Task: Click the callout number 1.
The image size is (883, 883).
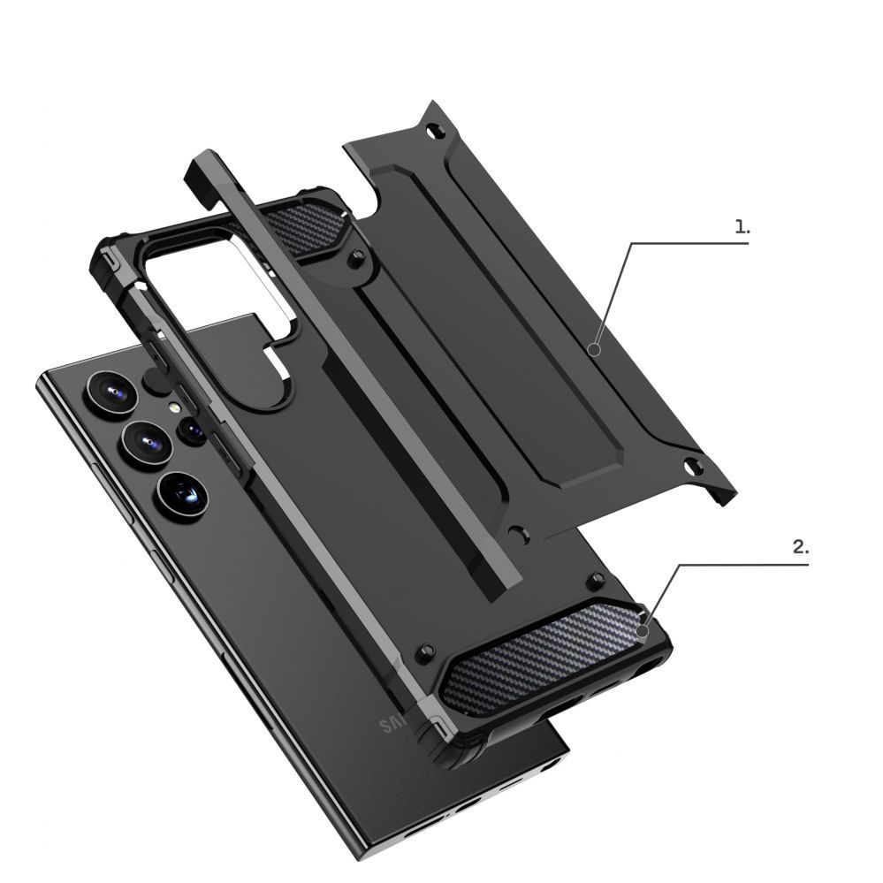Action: point(742,226)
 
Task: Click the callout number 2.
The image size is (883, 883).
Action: point(799,547)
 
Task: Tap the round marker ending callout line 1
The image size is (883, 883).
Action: point(595,350)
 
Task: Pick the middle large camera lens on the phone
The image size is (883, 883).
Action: point(142,440)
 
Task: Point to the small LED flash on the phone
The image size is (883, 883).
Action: point(177,408)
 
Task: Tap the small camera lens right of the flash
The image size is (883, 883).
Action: point(194,430)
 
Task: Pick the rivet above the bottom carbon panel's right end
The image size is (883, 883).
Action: point(598,579)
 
